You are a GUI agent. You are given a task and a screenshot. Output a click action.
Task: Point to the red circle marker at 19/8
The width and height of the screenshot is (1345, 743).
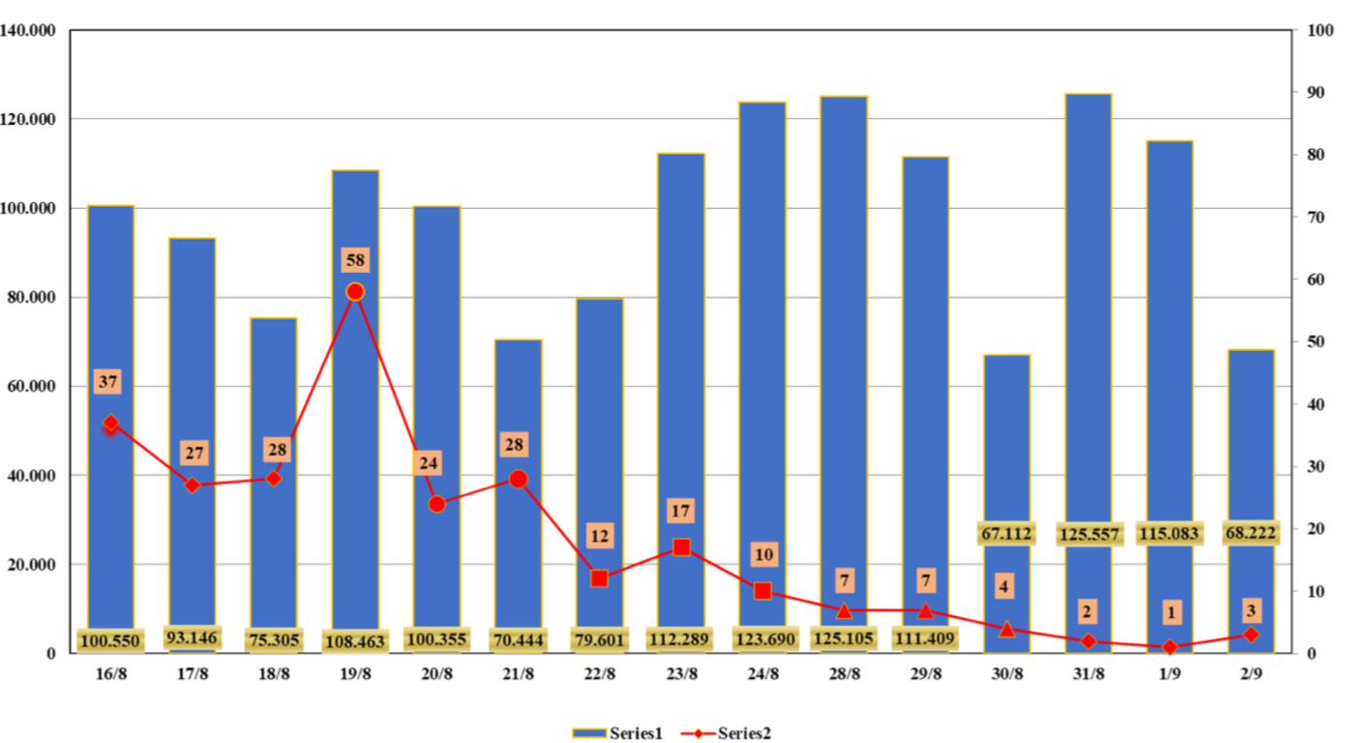click(355, 291)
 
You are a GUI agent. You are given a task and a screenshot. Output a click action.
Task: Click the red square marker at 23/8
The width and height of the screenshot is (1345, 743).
click(681, 548)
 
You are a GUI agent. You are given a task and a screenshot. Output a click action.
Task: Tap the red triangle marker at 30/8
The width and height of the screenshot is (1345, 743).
click(1006, 629)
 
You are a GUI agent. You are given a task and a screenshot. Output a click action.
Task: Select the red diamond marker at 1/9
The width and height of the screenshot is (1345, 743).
click(1170, 647)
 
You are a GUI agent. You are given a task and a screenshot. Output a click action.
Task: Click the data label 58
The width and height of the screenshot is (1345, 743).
click(355, 260)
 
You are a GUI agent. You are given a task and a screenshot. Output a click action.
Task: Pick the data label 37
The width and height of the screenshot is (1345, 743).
click(108, 382)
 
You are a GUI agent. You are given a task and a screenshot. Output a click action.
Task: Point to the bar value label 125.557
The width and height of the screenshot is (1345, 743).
click(1089, 534)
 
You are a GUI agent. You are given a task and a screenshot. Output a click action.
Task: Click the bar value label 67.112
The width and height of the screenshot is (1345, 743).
click(1006, 534)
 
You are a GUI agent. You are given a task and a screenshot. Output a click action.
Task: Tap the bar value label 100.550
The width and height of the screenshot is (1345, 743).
click(110, 640)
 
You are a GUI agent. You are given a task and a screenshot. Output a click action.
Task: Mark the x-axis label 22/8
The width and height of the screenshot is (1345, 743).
click(600, 674)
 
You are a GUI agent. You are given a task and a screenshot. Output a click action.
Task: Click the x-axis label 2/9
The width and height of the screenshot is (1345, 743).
click(1251, 674)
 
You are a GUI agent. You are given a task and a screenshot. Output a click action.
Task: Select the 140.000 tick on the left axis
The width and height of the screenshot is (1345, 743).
click(28, 30)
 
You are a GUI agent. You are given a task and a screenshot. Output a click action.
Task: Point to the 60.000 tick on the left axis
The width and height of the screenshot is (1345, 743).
click(32, 386)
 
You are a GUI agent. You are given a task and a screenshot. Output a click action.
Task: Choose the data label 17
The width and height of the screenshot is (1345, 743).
click(681, 511)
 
